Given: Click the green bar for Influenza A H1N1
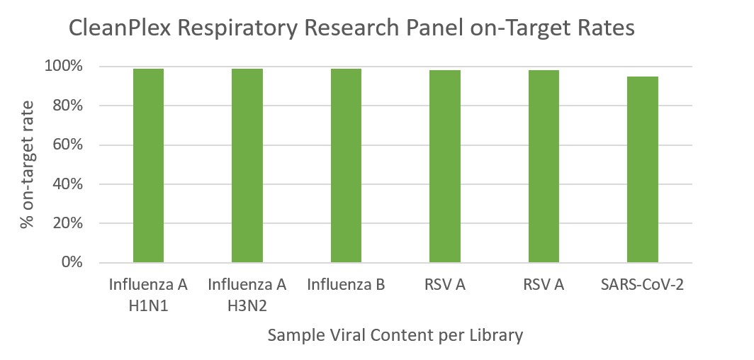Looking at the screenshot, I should (148, 166).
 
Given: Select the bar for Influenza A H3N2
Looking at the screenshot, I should (247, 166).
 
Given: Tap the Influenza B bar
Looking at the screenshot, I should (346, 166).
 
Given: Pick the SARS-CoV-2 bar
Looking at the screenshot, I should (643, 169).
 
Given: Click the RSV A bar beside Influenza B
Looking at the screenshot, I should (445, 167).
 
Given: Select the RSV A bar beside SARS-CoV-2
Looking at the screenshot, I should (544, 167).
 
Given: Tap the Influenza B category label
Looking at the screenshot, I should (346, 286).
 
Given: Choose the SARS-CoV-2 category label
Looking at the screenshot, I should (643, 286).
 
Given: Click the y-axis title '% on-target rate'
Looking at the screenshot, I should (27, 164).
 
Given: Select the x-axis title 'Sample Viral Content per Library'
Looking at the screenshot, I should (395, 335).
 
